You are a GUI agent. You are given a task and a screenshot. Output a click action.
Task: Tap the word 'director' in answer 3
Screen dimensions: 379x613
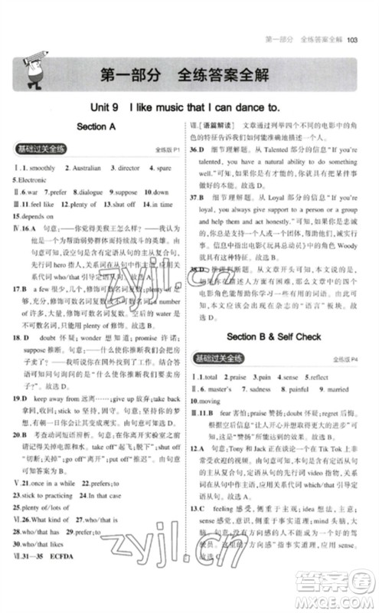coord(128,167)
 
